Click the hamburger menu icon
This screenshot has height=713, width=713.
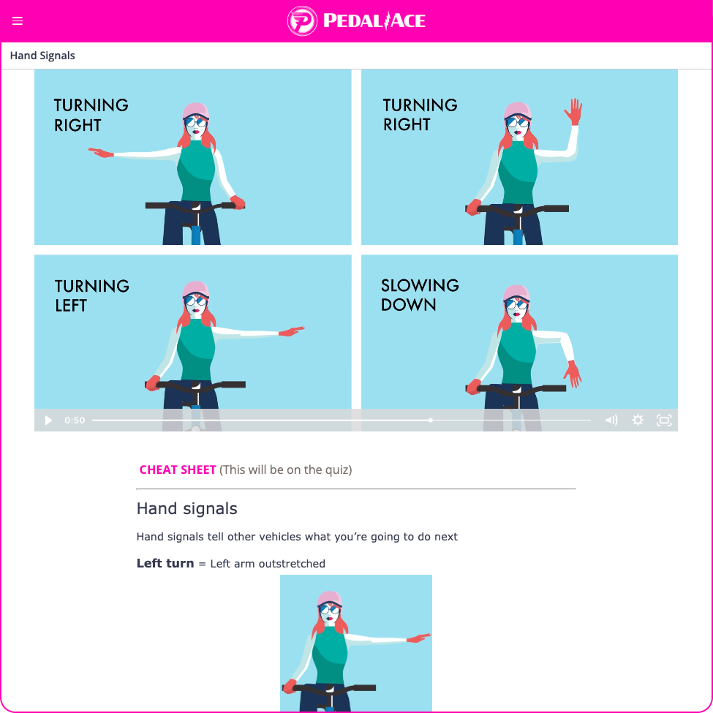(x=18, y=21)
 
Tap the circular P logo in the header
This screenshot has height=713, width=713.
(x=302, y=21)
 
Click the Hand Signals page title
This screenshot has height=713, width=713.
(x=42, y=56)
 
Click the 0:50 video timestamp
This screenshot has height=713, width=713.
(x=75, y=420)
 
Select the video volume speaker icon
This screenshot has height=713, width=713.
(x=611, y=420)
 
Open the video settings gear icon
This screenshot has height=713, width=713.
(x=638, y=420)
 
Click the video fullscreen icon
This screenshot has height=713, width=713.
(x=664, y=420)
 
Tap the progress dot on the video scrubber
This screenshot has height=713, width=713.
(x=430, y=420)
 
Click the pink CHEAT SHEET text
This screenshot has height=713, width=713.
(x=178, y=469)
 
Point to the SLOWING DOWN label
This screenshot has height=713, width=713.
(x=420, y=295)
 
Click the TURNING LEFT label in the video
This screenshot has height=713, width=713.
(x=92, y=295)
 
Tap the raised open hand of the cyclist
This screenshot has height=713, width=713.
(x=573, y=111)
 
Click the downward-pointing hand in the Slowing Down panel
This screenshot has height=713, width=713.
(x=573, y=374)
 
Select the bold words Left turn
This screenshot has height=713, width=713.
(x=165, y=563)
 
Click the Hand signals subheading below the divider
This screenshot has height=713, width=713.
(x=187, y=508)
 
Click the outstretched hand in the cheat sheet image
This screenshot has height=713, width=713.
(x=418, y=638)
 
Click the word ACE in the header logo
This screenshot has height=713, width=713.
(x=407, y=21)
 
